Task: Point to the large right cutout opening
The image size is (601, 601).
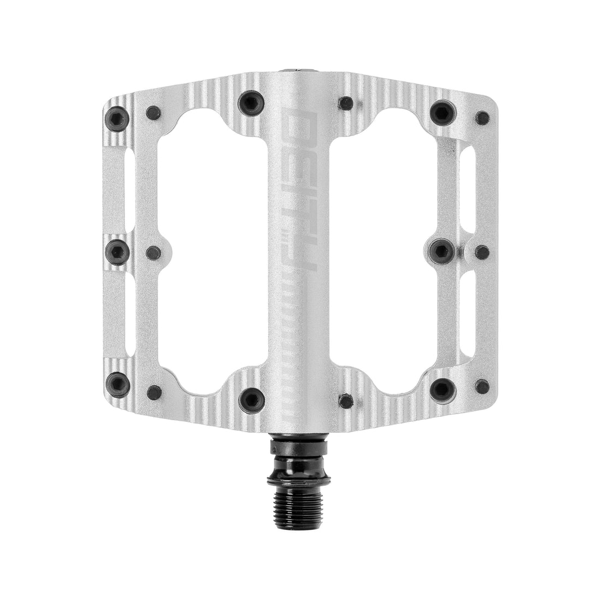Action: click(x=385, y=246)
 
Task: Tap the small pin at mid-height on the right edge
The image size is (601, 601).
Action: click(x=482, y=252)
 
